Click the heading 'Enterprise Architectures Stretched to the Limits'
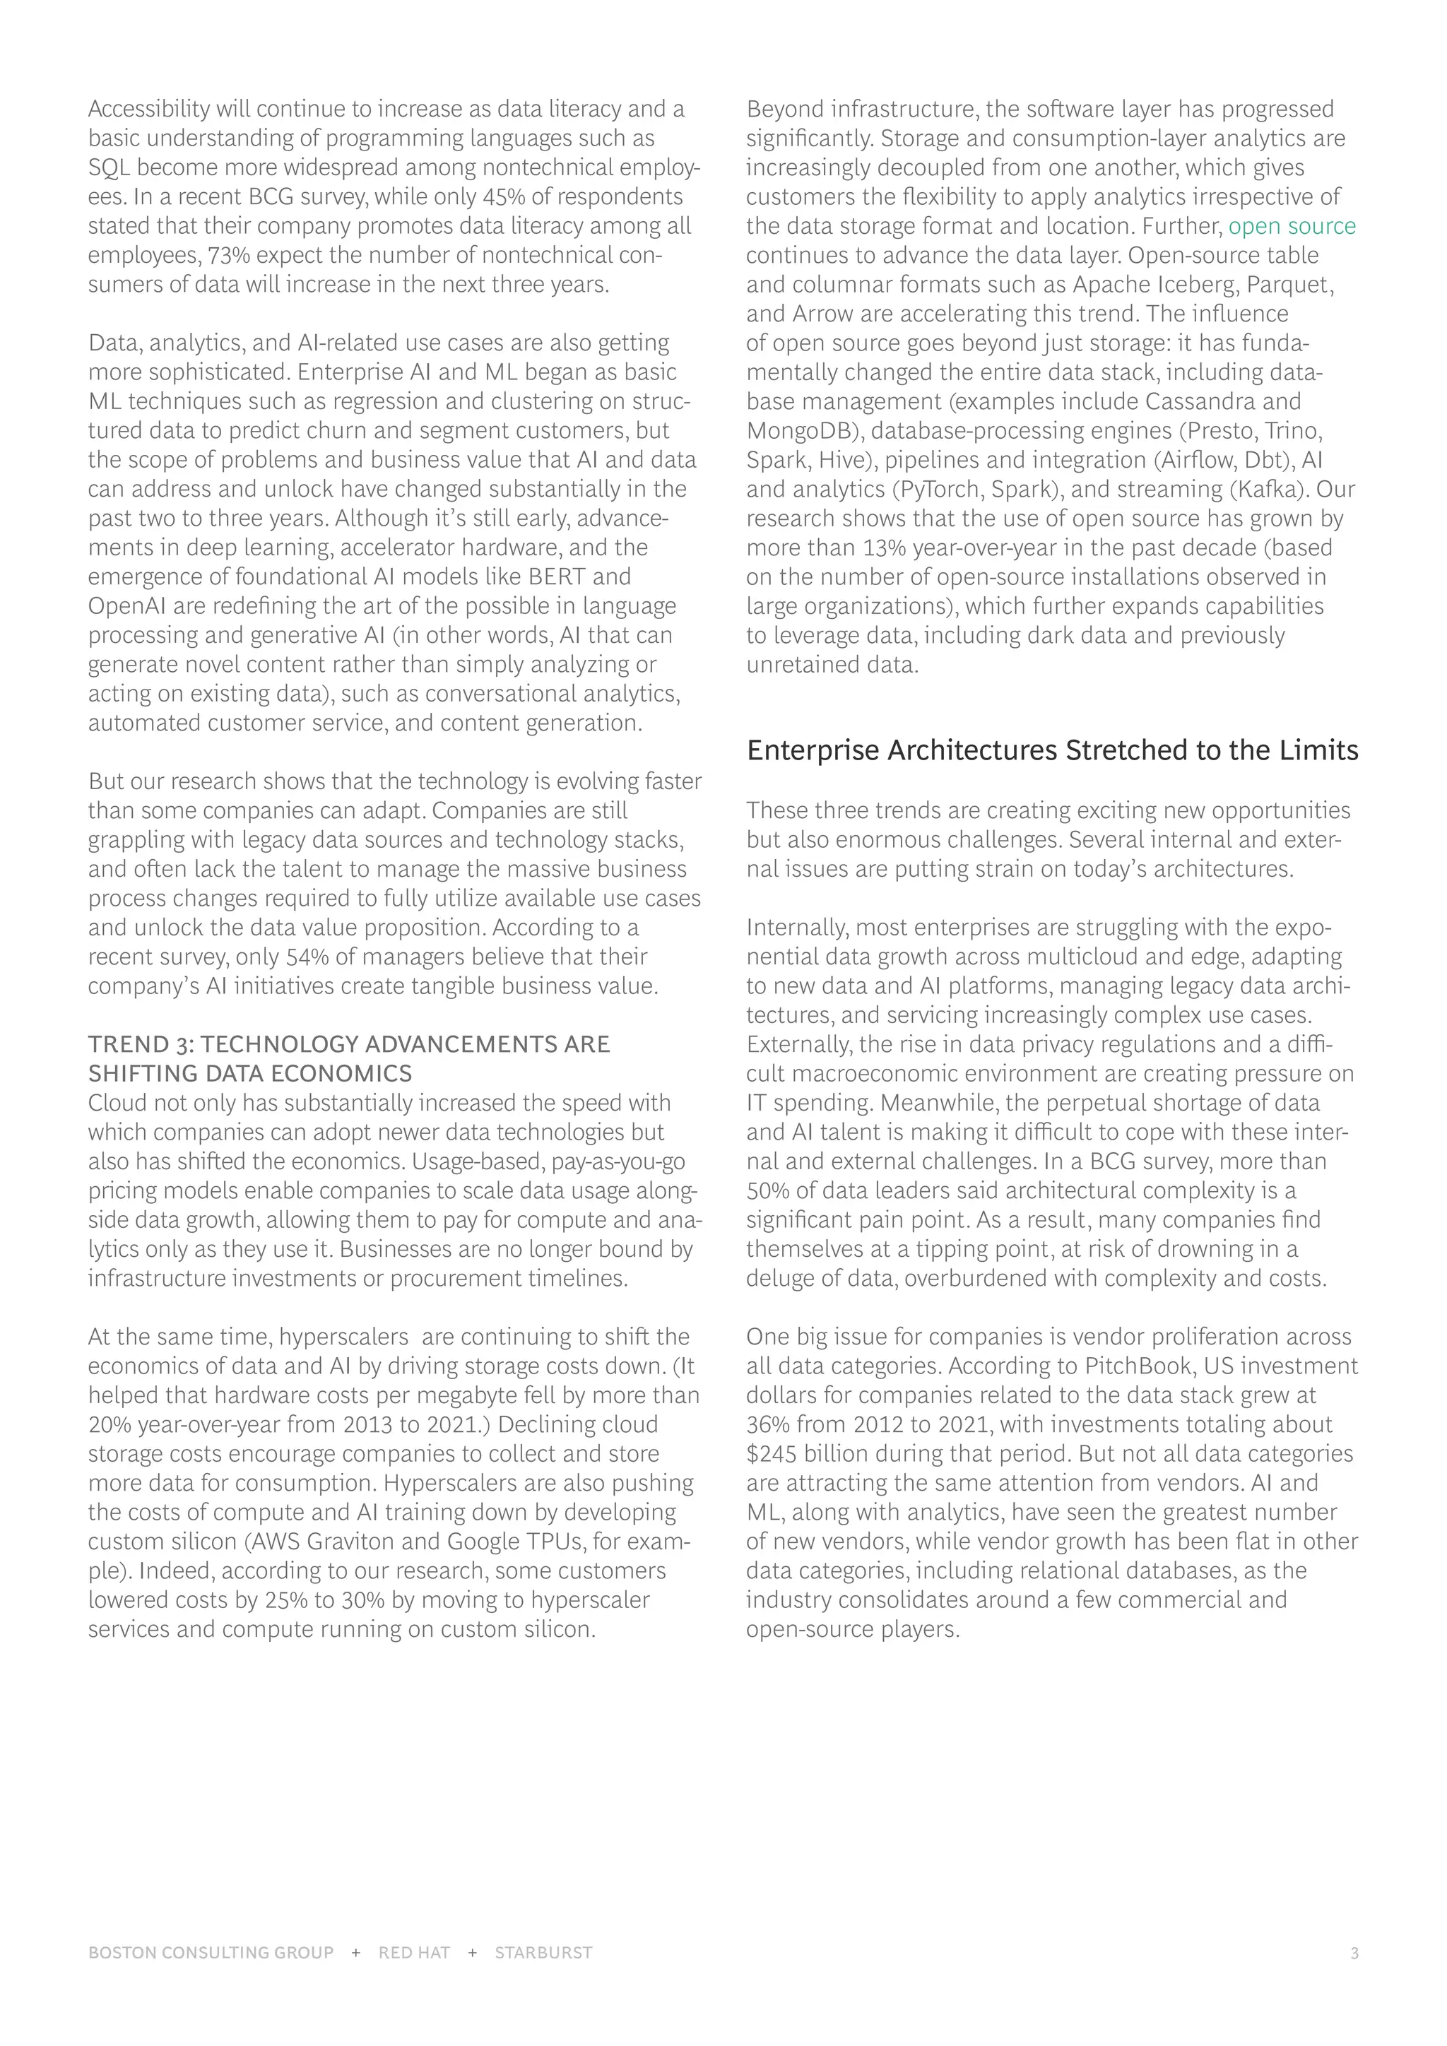pyautogui.click(x=1052, y=750)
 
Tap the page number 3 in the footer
pyautogui.click(x=1354, y=1953)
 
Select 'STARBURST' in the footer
pyautogui.click(x=543, y=1953)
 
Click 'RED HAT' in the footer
pyautogui.click(x=413, y=1953)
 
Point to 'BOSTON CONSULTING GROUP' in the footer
pyautogui.click(x=211, y=1953)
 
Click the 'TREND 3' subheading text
pyautogui.click(x=348, y=1044)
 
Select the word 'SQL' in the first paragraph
pyautogui.click(x=109, y=167)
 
